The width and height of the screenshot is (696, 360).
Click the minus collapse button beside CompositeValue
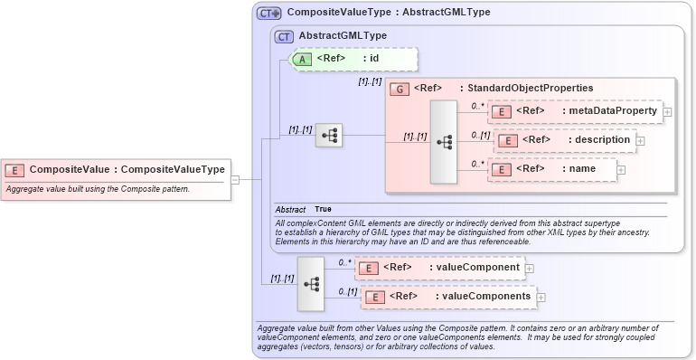pyautogui.click(x=234, y=179)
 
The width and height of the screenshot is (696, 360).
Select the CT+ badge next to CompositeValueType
pyautogui.click(x=269, y=14)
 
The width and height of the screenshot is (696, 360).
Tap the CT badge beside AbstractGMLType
pyautogui.click(x=284, y=36)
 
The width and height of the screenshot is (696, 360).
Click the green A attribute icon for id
pyautogui.click(x=305, y=59)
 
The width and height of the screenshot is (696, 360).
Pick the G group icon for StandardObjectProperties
pyautogui.click(x=399, y=89)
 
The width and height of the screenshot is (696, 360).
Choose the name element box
pyautogui.click(x=551, y=168)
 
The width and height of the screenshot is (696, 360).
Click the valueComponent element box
pyautogui.click(x=438, y=267)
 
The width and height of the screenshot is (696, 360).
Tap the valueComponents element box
pyautogui.click(x=447, y=296)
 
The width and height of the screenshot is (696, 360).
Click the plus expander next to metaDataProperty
pyautogui.click(x=667, y=112)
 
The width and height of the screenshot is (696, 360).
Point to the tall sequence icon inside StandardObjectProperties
pyautogui.click(x=443, y=142)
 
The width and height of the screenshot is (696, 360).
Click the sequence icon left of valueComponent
pyautogui.click(x=311, y=282)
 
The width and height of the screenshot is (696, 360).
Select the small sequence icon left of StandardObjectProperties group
pyautogui.click(x=328, y=136)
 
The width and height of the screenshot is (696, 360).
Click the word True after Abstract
pyautogui.click(x=323, y=209)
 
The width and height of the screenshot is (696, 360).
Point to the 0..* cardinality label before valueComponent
pyautogui.click(x=343, y=262)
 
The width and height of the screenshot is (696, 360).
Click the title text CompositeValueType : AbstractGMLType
pyautogui.click(x=388, y=13)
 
